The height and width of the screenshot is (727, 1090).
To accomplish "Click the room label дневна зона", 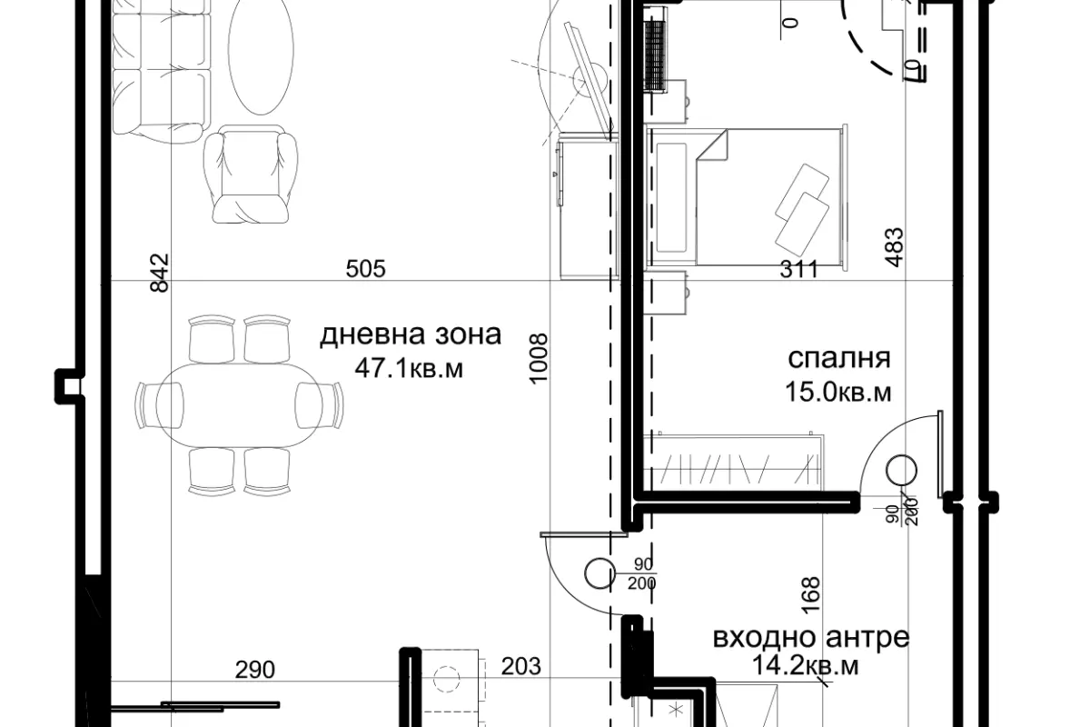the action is [x=411, y=335].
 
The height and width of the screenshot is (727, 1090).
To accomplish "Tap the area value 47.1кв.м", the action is [x=409, y=369].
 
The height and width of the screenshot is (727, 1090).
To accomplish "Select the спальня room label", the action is [x=839, y=359].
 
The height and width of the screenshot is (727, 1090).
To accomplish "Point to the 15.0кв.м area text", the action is [x=838, y=392].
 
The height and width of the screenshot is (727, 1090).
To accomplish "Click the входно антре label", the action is [x=811, y=637].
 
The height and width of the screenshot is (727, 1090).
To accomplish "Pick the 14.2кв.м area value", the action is [x=806, y=665].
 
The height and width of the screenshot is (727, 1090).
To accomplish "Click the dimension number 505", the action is [x=365, y=268].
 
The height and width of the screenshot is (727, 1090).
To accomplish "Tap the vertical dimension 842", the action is [x=160, y=273].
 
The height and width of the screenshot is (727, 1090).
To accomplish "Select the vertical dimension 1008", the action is [x=539, y=359].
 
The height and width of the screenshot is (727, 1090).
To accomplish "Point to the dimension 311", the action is [x=798, y=269].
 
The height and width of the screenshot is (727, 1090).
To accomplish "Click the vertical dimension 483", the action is [x=894, y=247].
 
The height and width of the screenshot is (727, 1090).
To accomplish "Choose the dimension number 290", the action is [x=255, y=670].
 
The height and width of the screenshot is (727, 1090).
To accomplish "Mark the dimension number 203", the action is [x=521, y=667].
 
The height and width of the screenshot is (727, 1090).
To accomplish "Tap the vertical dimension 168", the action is [x=810, y=595].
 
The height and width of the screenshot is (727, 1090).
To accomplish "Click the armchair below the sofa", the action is [x=251, y=174].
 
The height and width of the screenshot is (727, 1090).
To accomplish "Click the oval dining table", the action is [x=239, y=405].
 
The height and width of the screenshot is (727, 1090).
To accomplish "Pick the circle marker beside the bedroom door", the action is [x=902, y=471].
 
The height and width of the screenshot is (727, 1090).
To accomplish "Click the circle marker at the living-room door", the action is [x=599, y=573].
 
